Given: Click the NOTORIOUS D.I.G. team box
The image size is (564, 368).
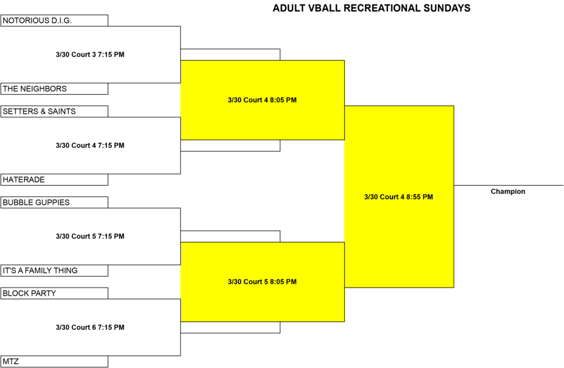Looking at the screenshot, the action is (x=55, y=20).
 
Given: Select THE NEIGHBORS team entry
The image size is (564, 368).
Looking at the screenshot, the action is (x=55, y=89).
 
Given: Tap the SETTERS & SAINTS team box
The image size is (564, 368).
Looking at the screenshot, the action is (x=55, y=111).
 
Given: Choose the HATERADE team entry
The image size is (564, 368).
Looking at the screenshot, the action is (x=55, y=180).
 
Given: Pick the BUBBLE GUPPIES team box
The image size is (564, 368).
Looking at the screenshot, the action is (x=55, y=203).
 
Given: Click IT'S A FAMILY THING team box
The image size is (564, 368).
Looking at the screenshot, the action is (x=55, y=270).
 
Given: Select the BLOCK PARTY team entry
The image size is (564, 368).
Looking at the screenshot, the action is (x=55, y=293).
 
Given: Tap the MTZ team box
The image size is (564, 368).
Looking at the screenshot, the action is (x=55, y=361).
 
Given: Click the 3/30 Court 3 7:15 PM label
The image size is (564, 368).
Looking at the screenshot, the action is (x=90, y=55).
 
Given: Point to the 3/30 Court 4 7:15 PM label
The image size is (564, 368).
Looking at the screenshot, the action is (x=90, y=145).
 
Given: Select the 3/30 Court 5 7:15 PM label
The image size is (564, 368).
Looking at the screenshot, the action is (x=90, y=236).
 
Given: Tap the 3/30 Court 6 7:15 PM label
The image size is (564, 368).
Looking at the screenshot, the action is (x=90, y=327).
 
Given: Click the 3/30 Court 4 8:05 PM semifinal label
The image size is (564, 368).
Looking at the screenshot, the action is (x=262, y=100).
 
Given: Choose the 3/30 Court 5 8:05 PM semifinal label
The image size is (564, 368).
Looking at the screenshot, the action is (x=262, y=282).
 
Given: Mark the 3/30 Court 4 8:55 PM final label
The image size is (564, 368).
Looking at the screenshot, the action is (x=399, y=197).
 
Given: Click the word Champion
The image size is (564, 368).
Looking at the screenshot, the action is (x=508, y=191).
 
